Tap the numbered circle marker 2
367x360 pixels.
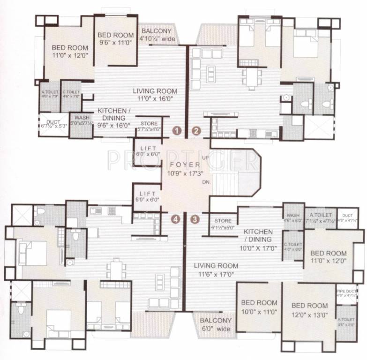click(196, 130)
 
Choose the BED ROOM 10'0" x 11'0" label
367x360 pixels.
click(260, 307)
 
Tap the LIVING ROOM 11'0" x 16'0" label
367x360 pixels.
click(154, 95)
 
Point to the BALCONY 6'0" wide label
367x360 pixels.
click(216, 325)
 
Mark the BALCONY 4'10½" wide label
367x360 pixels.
click(157, 35)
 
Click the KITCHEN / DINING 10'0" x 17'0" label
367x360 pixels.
click(258, 240)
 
